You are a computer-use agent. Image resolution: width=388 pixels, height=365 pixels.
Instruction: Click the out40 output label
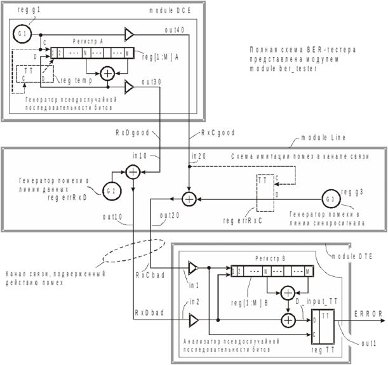click(175, 30)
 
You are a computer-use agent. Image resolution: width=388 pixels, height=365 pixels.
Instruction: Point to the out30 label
click(151, 82)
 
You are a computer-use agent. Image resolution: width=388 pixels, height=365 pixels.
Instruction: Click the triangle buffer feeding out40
click(129, 35)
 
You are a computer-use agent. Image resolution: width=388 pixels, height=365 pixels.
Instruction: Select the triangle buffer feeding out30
click(129, 87)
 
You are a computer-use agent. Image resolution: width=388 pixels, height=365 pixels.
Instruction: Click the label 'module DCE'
click(170, 11)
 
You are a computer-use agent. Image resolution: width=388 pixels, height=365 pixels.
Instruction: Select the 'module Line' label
click(323, 138)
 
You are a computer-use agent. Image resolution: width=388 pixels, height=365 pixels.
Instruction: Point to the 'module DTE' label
click(352, 256)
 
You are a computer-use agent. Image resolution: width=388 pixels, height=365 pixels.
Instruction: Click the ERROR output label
click(368, 314)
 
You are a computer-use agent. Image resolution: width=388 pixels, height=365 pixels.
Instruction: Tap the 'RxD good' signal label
click(133, 133)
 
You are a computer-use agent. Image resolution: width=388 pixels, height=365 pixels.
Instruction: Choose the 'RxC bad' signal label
click(151, 275)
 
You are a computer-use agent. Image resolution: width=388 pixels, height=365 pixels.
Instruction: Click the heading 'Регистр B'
click(271, 258)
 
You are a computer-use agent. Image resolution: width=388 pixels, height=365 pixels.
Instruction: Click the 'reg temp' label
click(76, 81)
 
